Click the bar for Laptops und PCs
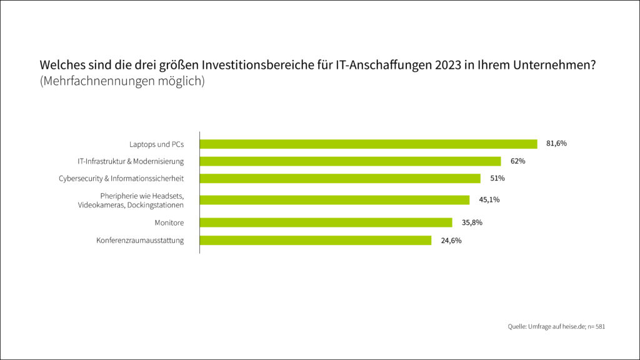click(x=368, y=144)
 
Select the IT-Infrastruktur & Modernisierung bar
click(x=350, y=161)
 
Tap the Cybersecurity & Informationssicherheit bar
click(x=340, y=178)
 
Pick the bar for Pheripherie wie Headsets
click(x=334, y=200)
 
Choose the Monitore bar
click(x=326, y=222)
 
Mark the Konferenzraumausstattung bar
click(x=315, y=240)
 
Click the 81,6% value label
click(x=556, y=144)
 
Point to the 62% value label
click(x=517, y=161)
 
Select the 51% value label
click(x=497, y=178)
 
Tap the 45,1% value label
click(x=489, y=200)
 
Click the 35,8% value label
click(x=472, y=222)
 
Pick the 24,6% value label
click(x=451, y=240)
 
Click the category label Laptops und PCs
click(x=156, y=144)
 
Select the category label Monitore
click(x=169, y=222)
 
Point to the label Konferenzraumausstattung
click(x=140, y=241)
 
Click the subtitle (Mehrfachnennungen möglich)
click(x=122, y=81)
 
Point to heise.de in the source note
click(x=572, y=327)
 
